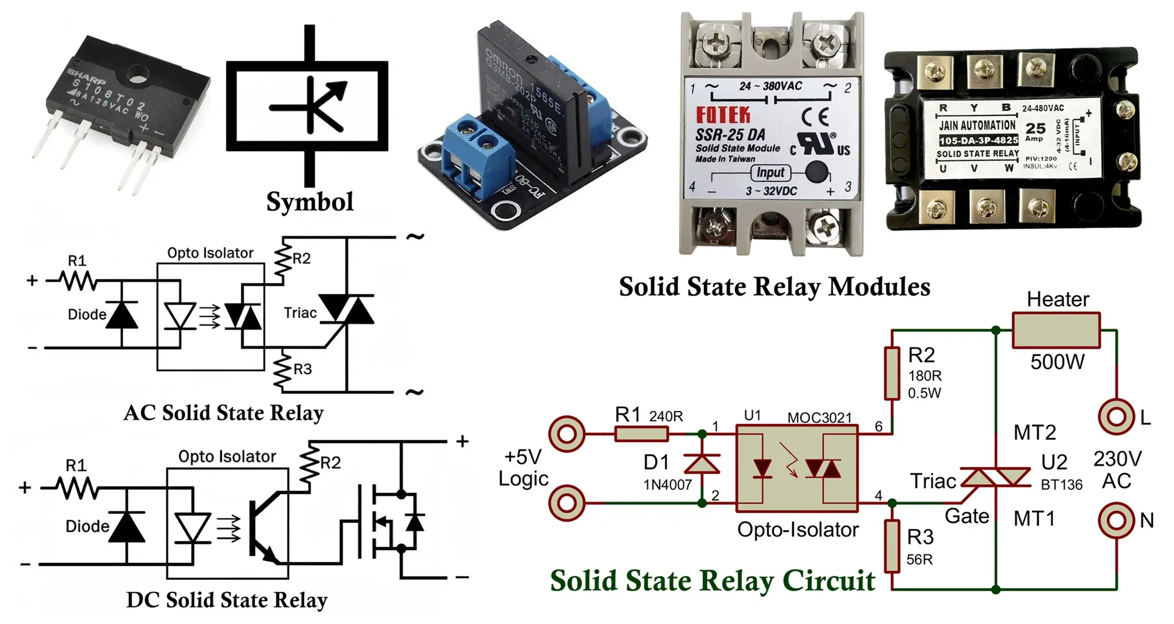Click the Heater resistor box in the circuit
(x=1056, y=330)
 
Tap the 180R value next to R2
(x=925, y=376)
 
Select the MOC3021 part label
(x=819, y=418)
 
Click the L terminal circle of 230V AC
(x=1116, y=416)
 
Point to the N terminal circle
(x=1116, y=520)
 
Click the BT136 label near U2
(x=1061, y=485)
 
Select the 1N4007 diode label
(x=667, y=485)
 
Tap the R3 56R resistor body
(x=892, y=545)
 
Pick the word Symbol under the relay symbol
(x=310, y=202)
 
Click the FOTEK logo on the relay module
(x=723, y=115)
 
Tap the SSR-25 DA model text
(x=730, y=135)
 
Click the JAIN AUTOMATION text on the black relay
(x=977, y=125)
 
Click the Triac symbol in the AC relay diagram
(x=346, y=310)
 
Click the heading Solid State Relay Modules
(x=774, y=287)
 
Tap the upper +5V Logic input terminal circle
(x=566, y=434)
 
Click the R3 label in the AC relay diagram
(x=302, y=369)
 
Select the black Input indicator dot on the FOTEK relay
(x=816, y=172)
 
